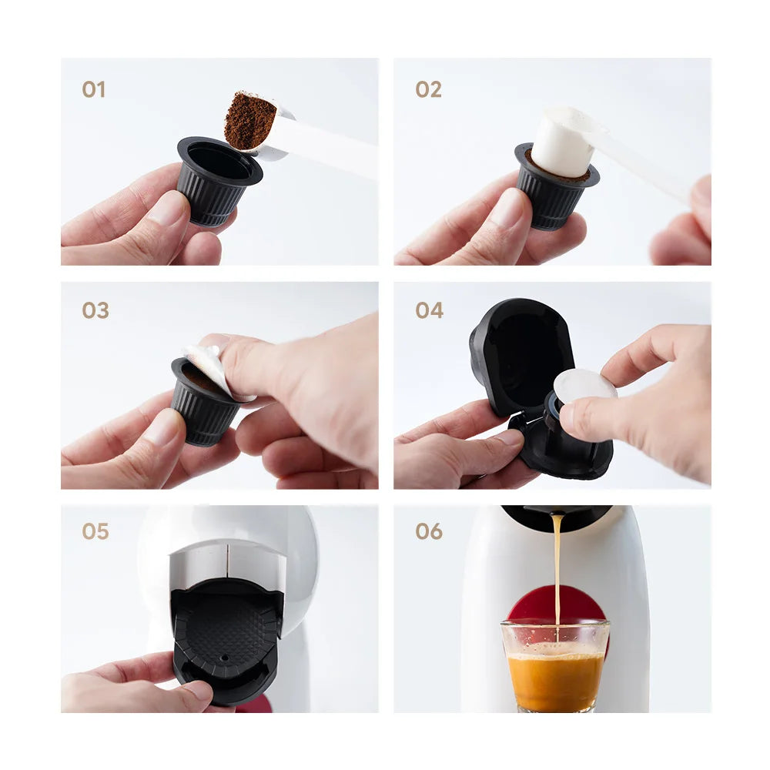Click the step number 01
(93, 89)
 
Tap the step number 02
(428, 89)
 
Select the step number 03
(95, 310)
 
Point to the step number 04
(429, 310)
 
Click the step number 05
(95, 531)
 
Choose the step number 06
(429, 531)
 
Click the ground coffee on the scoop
(249, 120)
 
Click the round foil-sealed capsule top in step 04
(584, 384)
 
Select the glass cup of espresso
(554, 666)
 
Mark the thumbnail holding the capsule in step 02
(508, 208)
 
